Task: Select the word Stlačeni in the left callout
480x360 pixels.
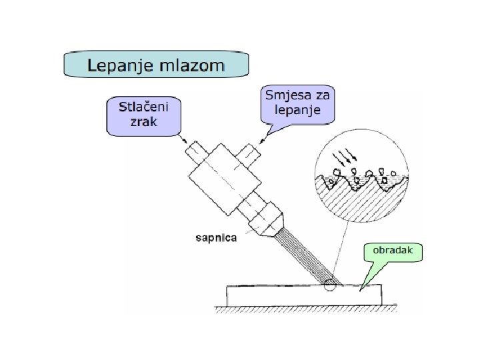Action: click(x=142, y=107)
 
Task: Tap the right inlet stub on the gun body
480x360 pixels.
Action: click(x=249, y=153)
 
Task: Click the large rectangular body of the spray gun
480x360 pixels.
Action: click(x=223, y=179)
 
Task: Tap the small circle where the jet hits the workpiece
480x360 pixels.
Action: click(x=328, y=288)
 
